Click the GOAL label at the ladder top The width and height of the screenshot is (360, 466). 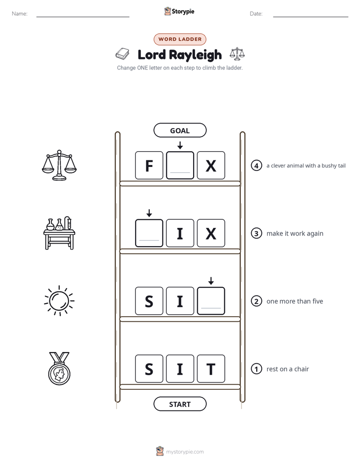(x=179, y=130)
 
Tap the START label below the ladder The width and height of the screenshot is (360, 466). (x=179, y=404)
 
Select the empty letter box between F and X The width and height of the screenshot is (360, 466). (x=180, y=165)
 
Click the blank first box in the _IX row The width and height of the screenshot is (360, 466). (x=149, y=233)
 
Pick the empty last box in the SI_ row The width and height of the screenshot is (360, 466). (x=211, y=301)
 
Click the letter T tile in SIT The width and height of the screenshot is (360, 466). (x=211, y=369)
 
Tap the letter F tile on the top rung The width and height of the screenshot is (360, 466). (x=149, y=165)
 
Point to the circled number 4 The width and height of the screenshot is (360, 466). (x=256, y=165)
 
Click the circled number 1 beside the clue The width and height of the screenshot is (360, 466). (x=256, y=369)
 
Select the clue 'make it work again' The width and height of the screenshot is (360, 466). (x=294, y=234)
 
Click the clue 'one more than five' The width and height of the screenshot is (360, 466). (x=294, y=302)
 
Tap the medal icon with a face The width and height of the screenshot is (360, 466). (x=59, y=369)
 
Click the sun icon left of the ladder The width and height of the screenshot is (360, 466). (x=59, y=301)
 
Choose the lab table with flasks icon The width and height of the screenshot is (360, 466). (x=59, y=233)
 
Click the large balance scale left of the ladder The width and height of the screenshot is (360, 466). (x=59, y=165)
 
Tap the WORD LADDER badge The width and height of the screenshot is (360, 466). (x=179, y=39)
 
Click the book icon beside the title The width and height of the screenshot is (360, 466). (x=123, y=54)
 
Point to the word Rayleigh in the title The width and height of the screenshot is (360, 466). (x=196, y=55)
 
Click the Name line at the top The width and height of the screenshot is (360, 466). (x=83, y=17)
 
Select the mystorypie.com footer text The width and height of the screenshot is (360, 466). (x=185, y=452)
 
